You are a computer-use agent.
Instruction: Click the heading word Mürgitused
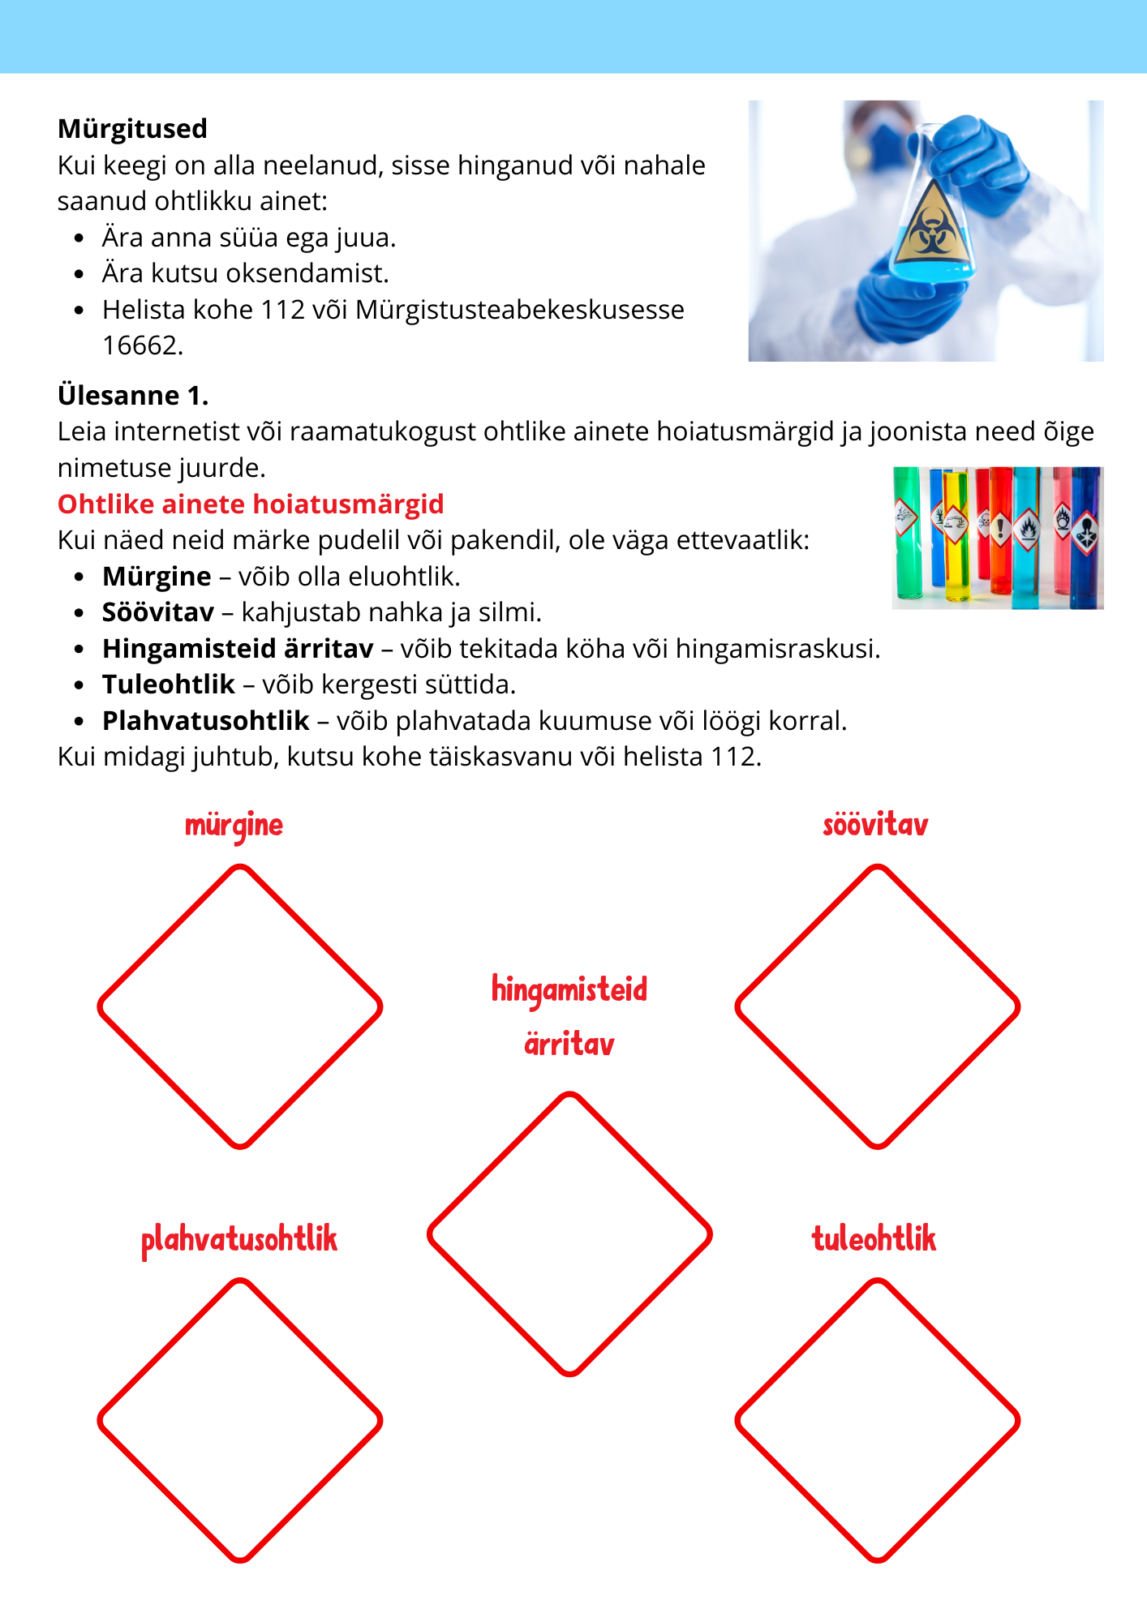coord(132,129)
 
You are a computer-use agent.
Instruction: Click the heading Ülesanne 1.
coord(133,395)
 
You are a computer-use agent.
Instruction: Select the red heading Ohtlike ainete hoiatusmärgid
coord(251,504)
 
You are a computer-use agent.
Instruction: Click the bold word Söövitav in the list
coord(158,612)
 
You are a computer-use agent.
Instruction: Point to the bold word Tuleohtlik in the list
coord(168,684)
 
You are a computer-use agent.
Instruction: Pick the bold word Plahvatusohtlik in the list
coord(205,720)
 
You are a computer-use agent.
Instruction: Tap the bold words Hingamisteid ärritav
coord(238,649)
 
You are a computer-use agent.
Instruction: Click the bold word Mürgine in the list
coord(157,577)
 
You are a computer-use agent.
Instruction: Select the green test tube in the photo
coord(906,535)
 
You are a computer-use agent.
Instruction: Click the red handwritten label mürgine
coord(234,826)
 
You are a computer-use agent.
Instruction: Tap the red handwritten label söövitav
coord(875,826)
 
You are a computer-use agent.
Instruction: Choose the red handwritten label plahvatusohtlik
coord(239,1240)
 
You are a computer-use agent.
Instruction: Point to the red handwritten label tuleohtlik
coord(874,1239)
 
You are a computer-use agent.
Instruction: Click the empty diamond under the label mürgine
coord(240,1006)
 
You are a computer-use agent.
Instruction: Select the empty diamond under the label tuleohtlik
coord(877,1420)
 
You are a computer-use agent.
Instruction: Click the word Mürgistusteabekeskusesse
coord(520,310)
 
